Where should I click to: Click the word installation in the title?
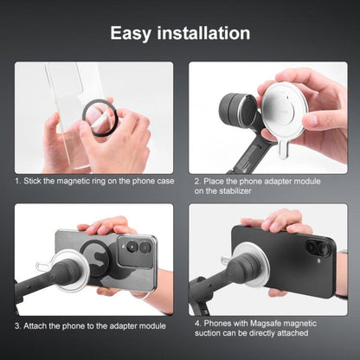[x=208, y=34]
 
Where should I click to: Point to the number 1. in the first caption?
[x=18, y=182]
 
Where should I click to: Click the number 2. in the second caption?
[x=198, y=182]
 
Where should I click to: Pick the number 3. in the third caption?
[x=18, y=325]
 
